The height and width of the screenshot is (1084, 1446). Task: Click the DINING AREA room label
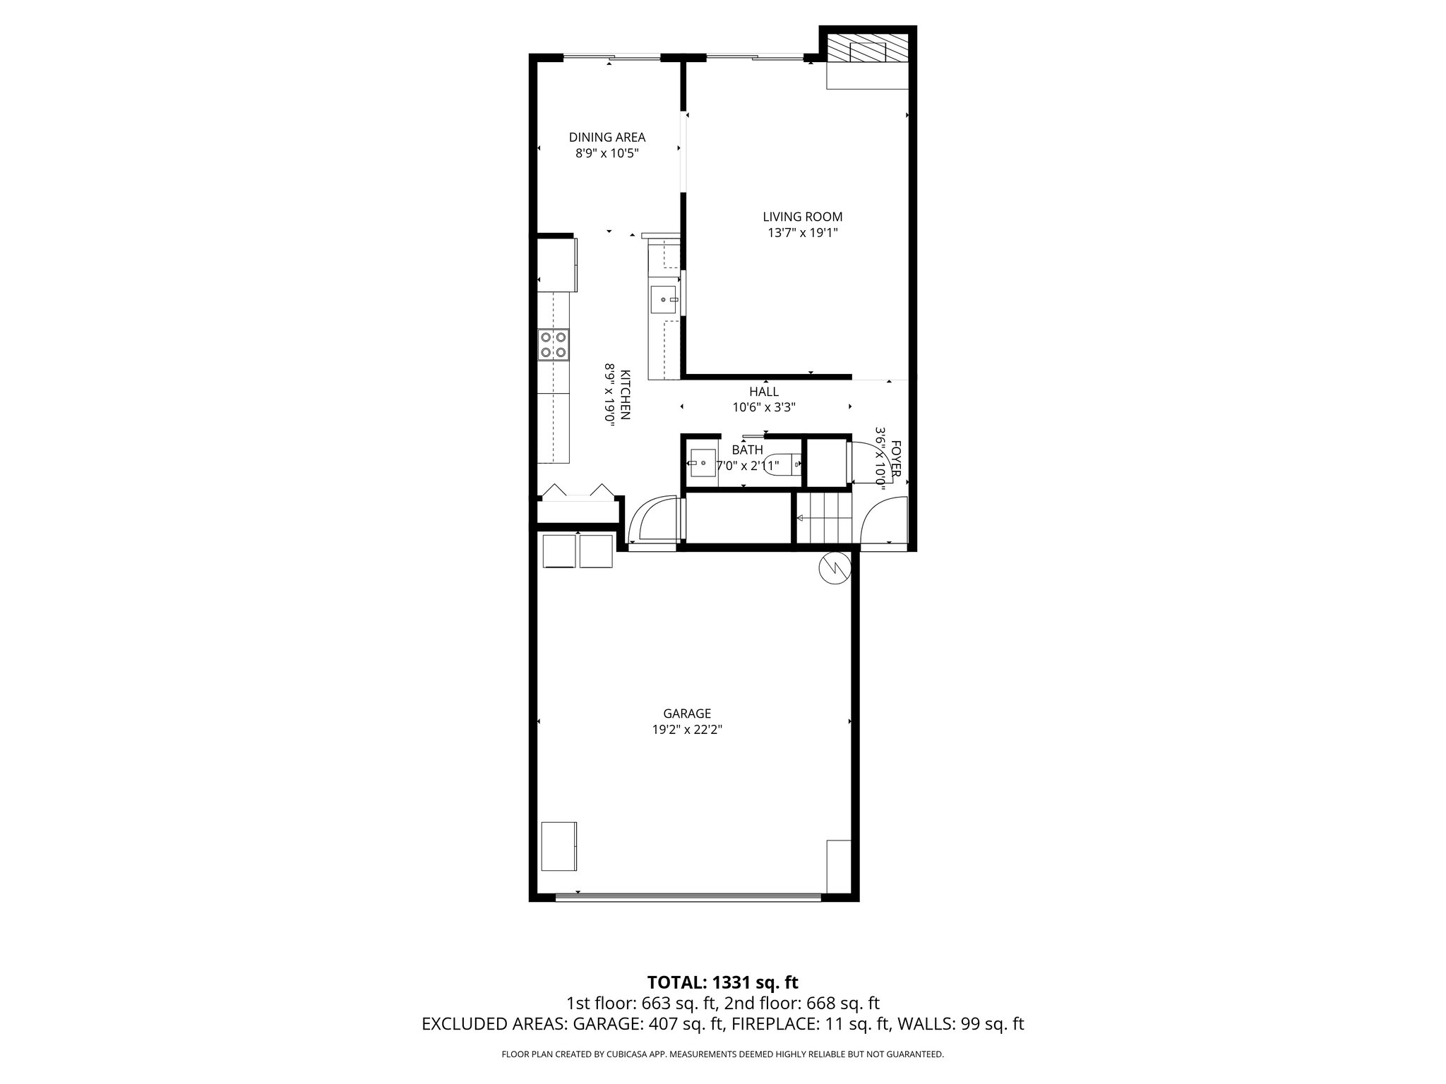607,138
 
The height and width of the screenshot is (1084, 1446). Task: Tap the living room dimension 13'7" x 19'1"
802,233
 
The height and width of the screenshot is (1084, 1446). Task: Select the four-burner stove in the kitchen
553,345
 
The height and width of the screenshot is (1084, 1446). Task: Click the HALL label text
764,392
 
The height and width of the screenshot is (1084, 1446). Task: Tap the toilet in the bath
784,464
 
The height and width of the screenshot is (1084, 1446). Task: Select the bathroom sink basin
703,463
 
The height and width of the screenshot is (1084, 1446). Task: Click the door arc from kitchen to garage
652,521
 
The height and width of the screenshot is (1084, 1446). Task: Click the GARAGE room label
686,713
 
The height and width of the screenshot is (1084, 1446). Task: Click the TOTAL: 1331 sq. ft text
722,982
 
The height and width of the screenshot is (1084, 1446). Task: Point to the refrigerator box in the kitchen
557,265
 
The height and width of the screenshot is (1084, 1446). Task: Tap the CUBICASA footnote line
722,1054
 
